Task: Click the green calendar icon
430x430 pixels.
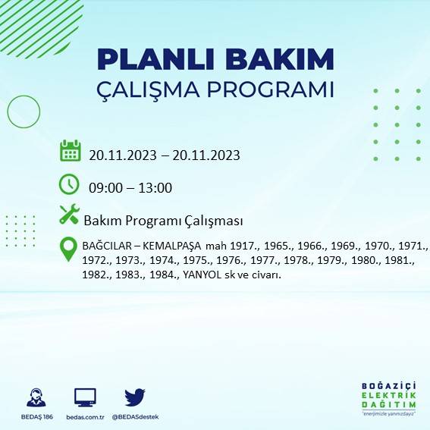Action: coord(70,151)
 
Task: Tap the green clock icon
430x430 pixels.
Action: coord(69,184)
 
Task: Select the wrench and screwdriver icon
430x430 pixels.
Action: coord(69,215)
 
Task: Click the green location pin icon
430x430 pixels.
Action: coord(69,248)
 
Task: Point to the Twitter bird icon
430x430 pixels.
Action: coord(135,397)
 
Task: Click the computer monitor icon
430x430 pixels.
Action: coord(85,397)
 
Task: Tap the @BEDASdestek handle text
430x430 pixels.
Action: coord(135,417)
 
